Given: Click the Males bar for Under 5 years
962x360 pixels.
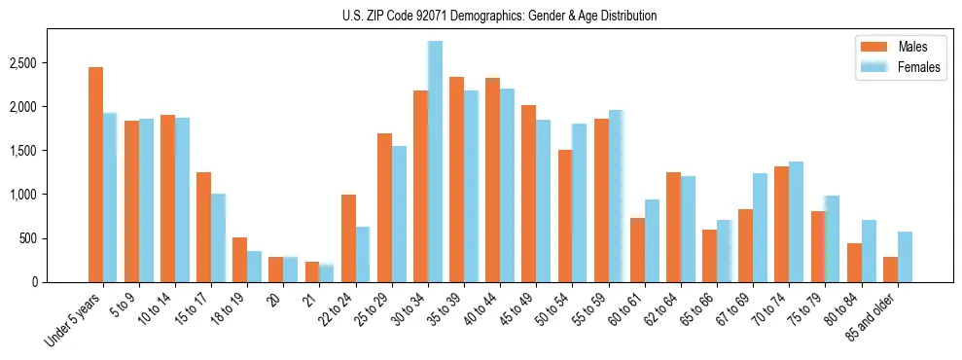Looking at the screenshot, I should tap(95, 175).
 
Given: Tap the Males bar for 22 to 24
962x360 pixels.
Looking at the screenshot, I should tap(348, 238).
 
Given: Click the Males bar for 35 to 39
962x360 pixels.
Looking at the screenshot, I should tap(456, 180).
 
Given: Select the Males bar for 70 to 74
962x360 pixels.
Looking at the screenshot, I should tap(782, 225).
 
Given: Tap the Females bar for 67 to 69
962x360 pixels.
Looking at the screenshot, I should tap(760, 228).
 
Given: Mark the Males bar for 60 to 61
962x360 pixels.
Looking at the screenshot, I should tap(637, 250).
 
